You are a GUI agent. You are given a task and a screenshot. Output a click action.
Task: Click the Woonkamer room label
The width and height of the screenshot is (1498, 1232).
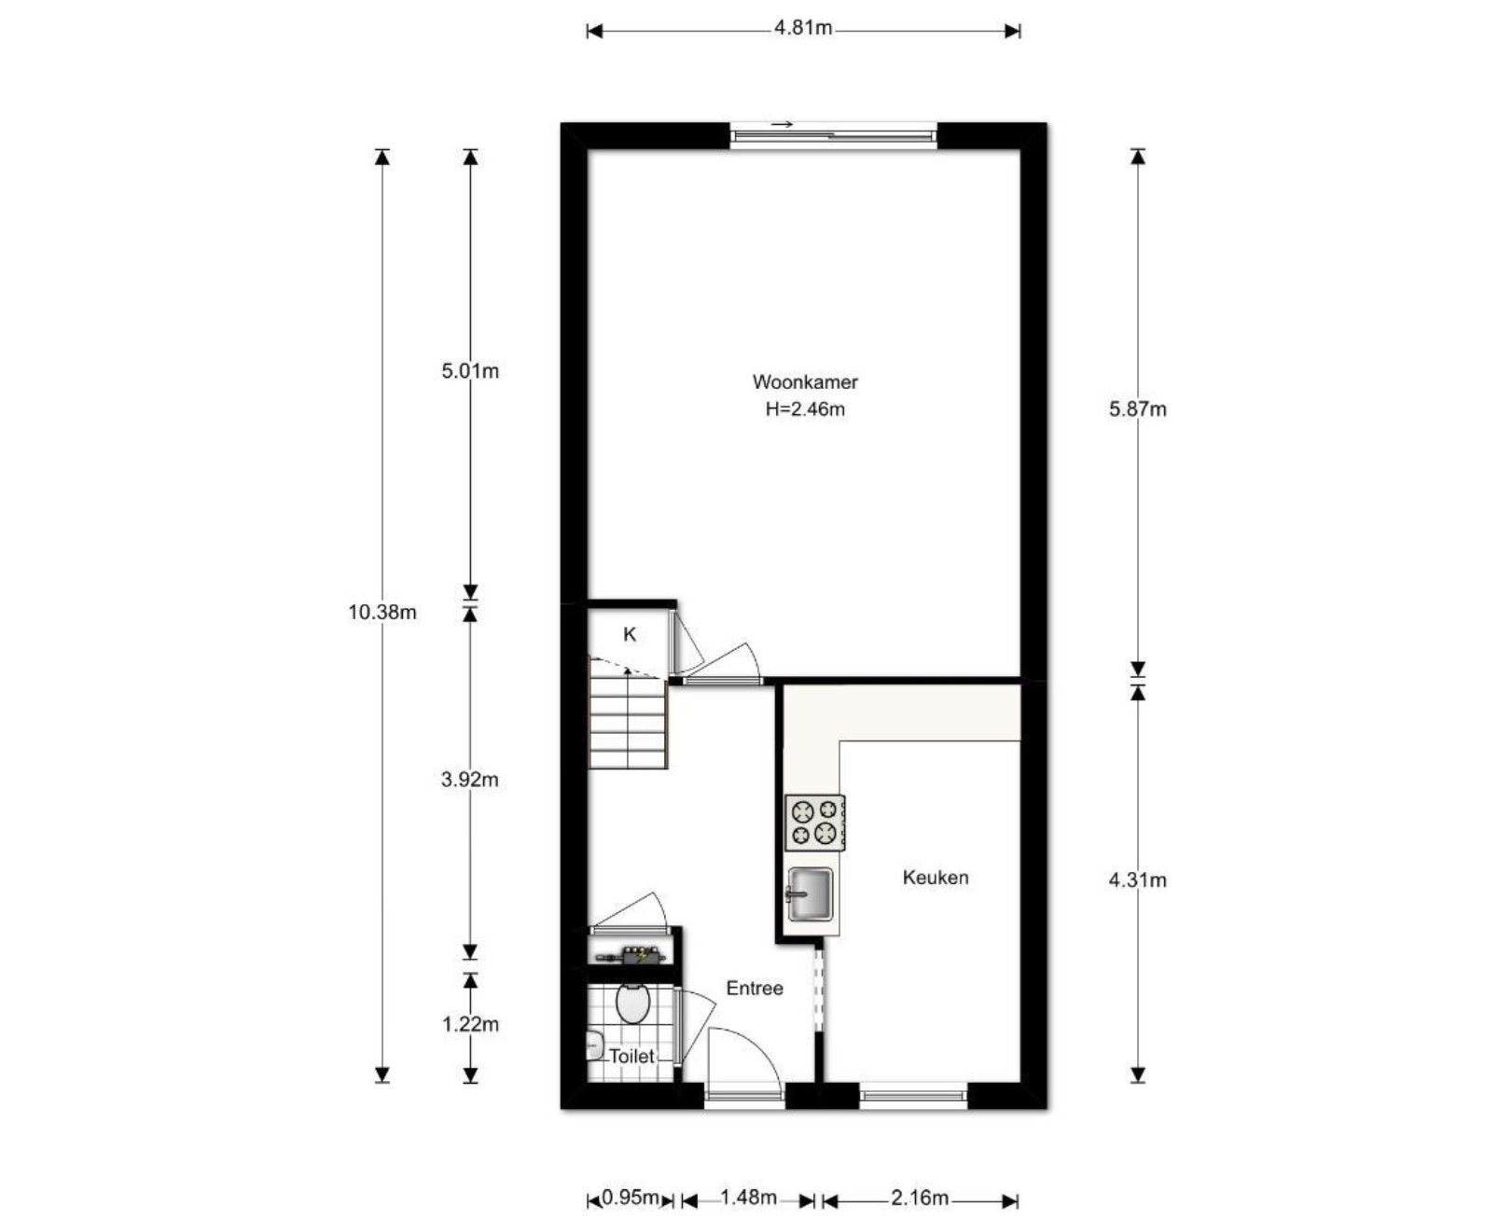point(804,381)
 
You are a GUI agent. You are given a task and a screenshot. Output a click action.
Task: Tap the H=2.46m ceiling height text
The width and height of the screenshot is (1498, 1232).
point(804,408)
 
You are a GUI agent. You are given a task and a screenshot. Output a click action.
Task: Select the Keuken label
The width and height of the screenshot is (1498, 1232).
point(935,878)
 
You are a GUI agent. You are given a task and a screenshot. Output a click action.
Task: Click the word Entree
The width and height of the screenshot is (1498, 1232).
point(754,988)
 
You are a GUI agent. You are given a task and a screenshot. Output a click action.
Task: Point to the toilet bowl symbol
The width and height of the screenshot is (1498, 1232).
point(633,1004)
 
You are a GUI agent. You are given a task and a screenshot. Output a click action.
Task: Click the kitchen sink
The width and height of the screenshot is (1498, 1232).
point(810,893)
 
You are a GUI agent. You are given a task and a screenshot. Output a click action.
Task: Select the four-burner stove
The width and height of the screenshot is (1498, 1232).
point(814,823)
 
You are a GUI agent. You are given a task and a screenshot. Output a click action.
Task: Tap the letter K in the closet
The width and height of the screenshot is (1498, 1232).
point(630,635)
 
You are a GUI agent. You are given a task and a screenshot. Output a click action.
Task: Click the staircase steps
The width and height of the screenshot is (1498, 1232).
point(628,723)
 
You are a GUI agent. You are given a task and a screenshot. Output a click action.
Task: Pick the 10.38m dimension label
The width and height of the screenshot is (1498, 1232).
point(381,613)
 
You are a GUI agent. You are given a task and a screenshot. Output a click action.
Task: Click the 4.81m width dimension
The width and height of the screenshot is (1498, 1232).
point(802,28)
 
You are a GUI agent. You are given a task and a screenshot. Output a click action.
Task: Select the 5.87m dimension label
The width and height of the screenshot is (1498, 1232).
point(1137,408)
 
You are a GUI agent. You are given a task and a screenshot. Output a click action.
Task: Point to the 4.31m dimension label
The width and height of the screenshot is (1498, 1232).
point(1137,879)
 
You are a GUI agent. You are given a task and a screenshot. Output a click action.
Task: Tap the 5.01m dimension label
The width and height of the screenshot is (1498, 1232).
point(469,371)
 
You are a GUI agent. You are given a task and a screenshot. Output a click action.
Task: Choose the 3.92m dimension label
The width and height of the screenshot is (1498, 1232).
point(469,779)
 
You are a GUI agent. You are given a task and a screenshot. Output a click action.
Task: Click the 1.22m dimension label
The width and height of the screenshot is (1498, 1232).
point(469,1024)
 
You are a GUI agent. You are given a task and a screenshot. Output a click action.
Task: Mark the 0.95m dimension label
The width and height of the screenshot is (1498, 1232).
point(631,1197)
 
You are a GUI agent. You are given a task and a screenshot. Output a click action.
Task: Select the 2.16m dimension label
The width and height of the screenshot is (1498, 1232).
point(919,1197)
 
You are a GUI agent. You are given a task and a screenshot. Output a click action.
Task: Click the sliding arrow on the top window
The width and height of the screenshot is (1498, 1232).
point(782,125)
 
